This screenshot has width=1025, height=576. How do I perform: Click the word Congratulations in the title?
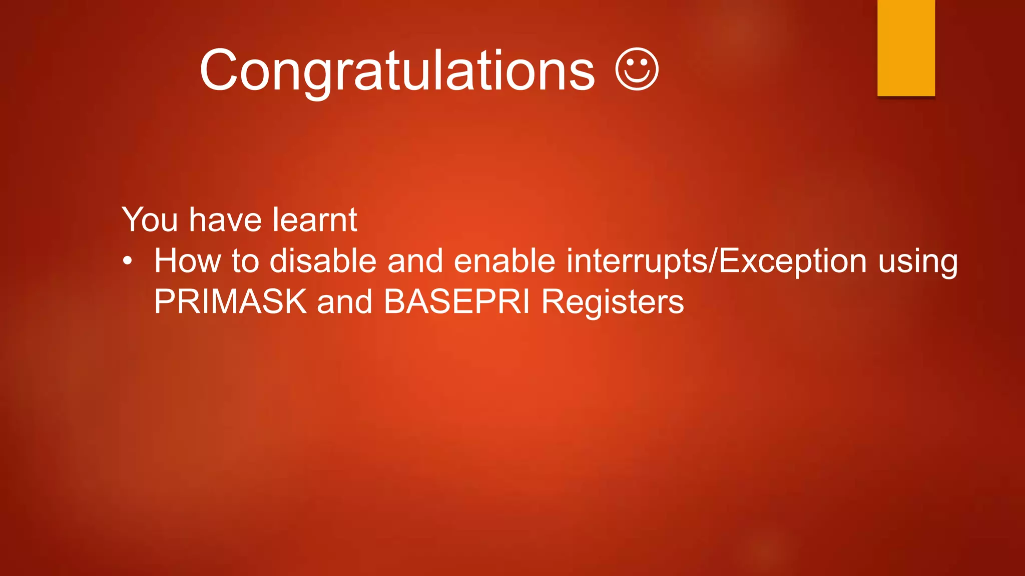pyautogui.click(x=397, y=71)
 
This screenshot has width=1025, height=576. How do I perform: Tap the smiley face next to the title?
pyautogui.click(x=637, y=69)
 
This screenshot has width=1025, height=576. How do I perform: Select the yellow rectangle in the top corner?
pyautogui.click(x=906, y=47)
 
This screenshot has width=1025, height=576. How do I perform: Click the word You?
pyautogui.click(x=150, y=219)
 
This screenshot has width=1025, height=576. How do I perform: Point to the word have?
pyautogui.click(x=225, y=219)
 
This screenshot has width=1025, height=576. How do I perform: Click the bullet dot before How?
pyautogui.click(x=128, y=261)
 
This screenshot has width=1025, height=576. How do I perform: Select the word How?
pyautogui.click(x=187, y=261)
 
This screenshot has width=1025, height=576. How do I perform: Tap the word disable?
pyautogui.click(x=323, y=261)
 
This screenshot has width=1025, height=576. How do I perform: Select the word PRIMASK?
pyautogui.click(x=230, y=302)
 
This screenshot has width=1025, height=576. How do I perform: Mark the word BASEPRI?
pyautogui.click(x=456, y=302)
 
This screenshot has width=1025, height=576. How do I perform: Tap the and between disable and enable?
pyautogui.click(x=415, y=261)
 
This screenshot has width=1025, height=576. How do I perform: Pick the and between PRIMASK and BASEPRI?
pyautogui.click(x=345, y=302)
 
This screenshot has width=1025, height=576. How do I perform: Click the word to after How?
pyautogui.click(x=245, y=261)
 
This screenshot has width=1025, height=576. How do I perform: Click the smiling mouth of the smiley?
pyautogui.click(x=637, y=78)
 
